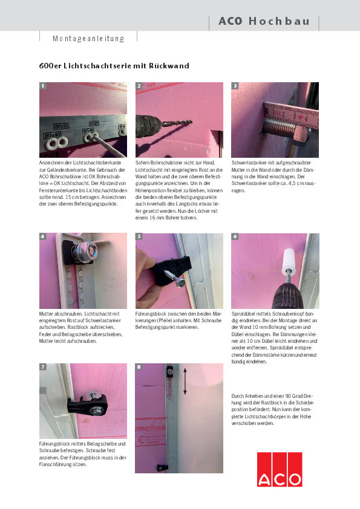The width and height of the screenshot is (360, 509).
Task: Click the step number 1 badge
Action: pyautogui.click(x=43, y=86)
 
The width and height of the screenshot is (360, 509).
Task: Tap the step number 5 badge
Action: pyautogui.click(x=139, y=237)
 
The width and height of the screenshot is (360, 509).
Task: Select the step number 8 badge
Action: pyautogui.click(x=139, y=367)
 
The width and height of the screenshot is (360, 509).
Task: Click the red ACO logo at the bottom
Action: pyautogui.click(x=280, y=469)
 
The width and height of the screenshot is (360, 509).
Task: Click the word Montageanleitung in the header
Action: pyautogui.click(x=88, y=39)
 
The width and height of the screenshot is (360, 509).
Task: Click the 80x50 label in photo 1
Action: pyautogui.click(x=61, y=125)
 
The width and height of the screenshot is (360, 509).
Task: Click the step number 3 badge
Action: pyautogui.click(x=235, y=86)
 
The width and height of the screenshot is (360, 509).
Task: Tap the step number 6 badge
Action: pyautogui.click(x=235, y=237)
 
